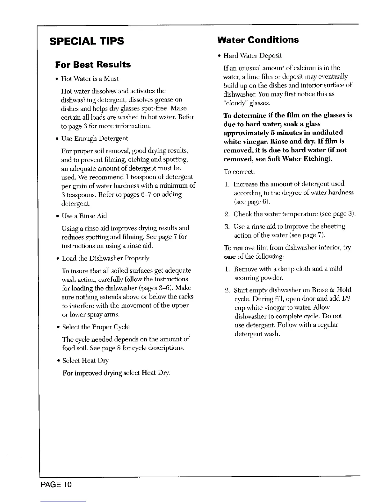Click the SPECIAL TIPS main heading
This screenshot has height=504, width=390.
(x=86, y=41)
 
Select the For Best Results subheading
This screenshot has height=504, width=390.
(x=93, y=65)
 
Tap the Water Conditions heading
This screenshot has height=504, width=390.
(x=257, y=40)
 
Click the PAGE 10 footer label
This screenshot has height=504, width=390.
(x=56, y=485)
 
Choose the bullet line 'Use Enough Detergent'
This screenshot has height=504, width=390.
(x=95, y=138)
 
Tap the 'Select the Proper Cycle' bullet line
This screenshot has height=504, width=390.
(x=96, y=327)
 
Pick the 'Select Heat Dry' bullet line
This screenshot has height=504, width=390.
(x=85, y=360)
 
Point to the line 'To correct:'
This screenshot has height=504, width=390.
(x=239, y=171)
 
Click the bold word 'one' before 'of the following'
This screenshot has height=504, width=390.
(x=229, y=256)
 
